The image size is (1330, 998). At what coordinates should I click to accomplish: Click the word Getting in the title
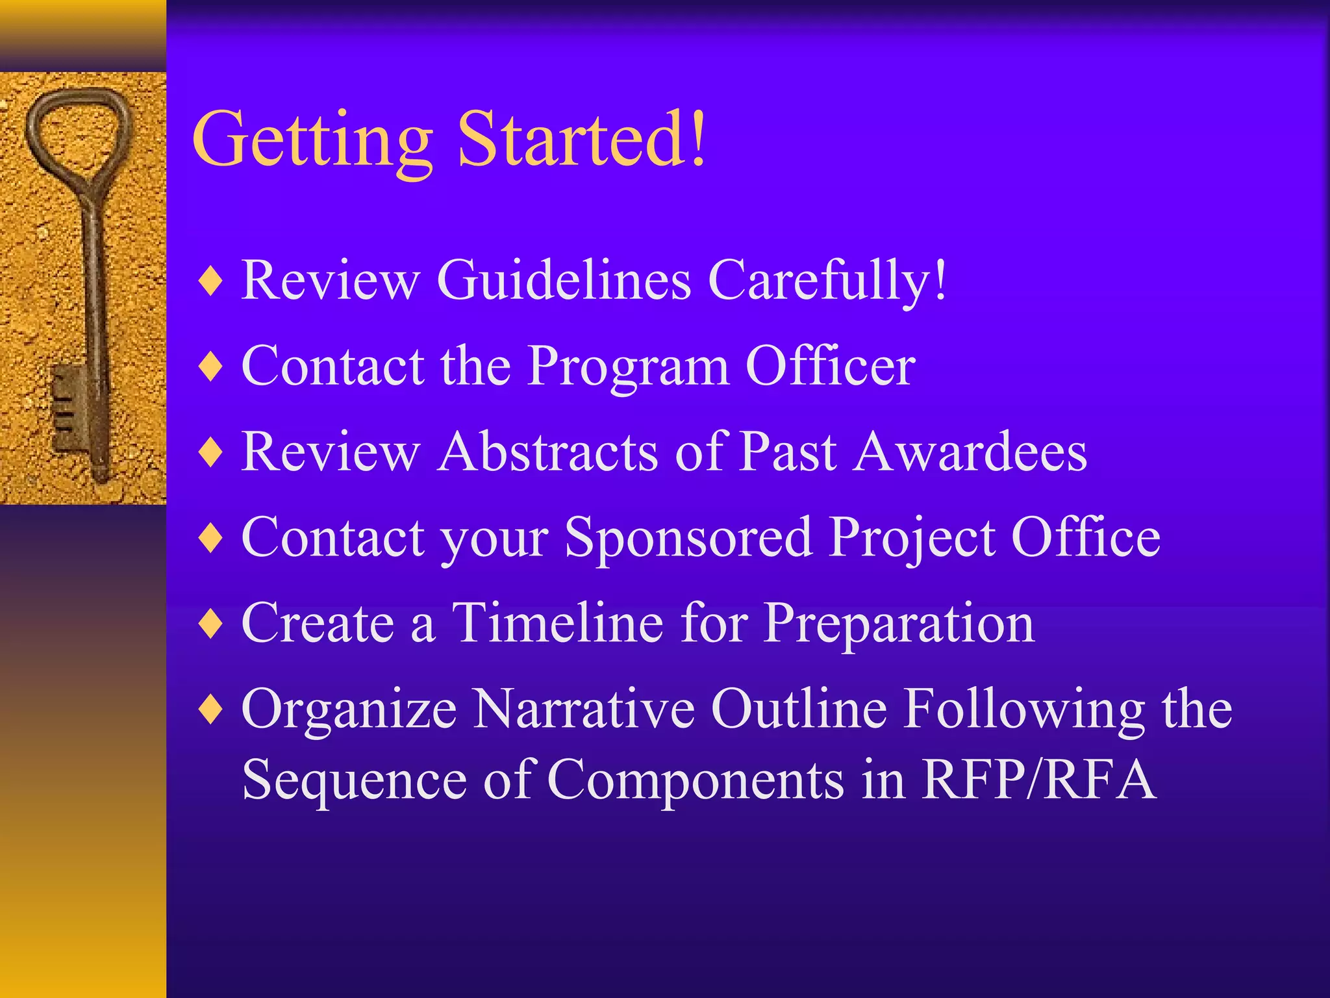pos(312,140)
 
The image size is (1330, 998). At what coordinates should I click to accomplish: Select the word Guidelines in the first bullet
pos(564,280)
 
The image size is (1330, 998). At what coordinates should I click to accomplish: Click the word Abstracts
pos(548,452)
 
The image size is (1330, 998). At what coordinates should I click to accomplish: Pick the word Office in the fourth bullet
pos(1085,537)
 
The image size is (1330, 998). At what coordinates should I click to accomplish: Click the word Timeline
pos(557,622)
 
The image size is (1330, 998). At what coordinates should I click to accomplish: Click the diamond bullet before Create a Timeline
pos(212,624)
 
